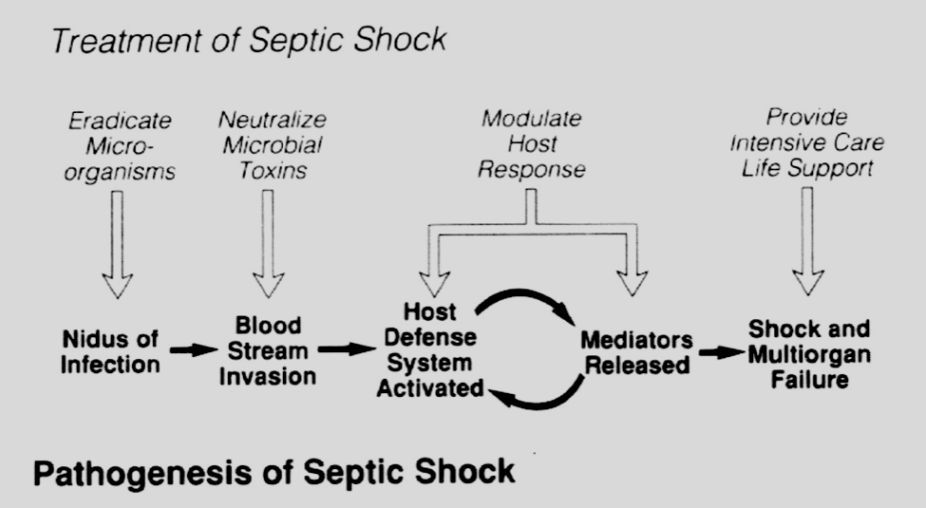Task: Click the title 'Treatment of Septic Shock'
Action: pos(249,40)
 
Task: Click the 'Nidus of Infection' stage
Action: pos(111,350)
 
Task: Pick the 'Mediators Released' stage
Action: pos(637,351)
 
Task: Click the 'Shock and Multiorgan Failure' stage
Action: pos(808,354)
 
